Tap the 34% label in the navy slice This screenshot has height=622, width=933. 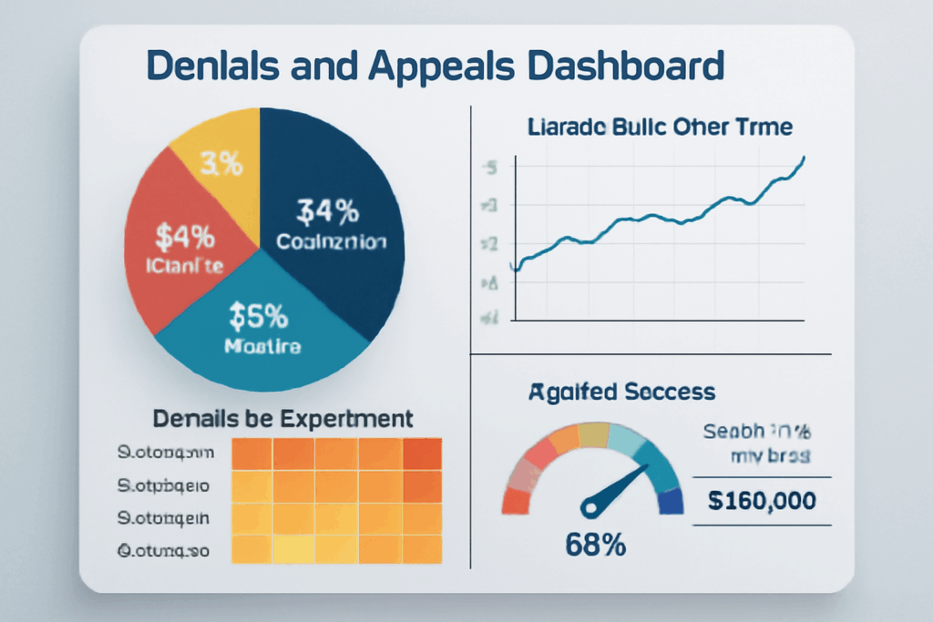329,211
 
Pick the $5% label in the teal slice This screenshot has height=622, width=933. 258,317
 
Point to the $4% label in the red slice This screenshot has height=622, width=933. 185,237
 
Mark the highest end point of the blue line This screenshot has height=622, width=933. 804,158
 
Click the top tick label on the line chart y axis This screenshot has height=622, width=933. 491,168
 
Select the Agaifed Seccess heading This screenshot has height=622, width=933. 621,393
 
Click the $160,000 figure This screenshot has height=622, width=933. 762,500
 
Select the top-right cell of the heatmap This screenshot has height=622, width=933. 422,454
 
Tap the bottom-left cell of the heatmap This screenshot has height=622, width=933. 253,550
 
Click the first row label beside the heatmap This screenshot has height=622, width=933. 166,452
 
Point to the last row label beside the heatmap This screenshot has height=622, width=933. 164,550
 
